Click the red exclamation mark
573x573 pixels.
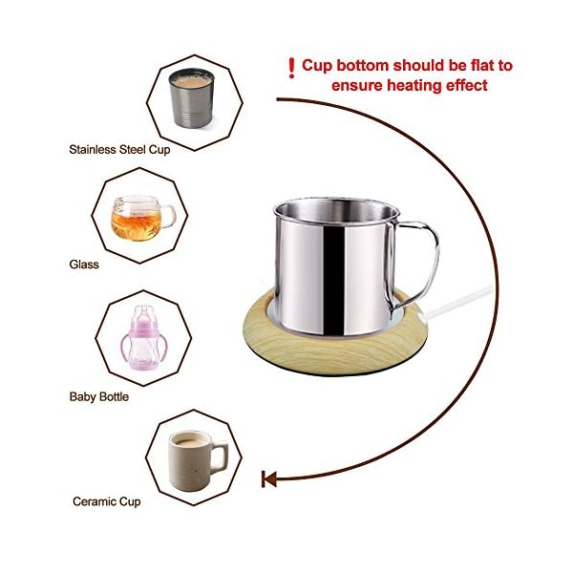coord(291,67)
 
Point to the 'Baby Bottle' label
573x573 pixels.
coord(98,395)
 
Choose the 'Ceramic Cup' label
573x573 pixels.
coord(106,500)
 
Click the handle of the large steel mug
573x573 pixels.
coord(421,258)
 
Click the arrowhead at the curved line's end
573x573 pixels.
coord(269,478)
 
